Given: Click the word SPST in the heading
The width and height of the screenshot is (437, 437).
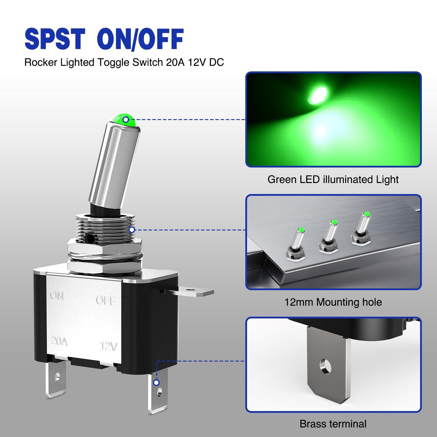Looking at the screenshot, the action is (x=55, y=39).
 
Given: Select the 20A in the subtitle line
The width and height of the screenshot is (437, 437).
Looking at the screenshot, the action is (x=175, y=62).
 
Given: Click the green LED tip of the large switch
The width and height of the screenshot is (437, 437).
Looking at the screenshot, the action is (x=125, y=119).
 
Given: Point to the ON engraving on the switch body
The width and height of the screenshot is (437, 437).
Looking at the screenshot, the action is (x=57, y=296).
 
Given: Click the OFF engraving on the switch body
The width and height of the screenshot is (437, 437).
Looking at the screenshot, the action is (x=106, y=300).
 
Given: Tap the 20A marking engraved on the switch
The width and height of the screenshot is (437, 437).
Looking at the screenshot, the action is (x=59, y=341).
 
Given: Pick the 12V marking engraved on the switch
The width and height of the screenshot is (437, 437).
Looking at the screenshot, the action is (x=109, y=346).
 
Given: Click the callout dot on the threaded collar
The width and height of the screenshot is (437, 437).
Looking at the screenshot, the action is (x=132, y=230).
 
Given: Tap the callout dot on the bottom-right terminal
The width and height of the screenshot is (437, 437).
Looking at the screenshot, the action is (x=156, y=383).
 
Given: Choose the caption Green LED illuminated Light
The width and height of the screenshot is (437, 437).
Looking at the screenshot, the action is (x=333, y=179).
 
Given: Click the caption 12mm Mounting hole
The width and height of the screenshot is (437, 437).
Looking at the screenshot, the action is (x=333, y=302).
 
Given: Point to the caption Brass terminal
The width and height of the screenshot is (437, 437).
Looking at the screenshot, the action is (x=333, y=424).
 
